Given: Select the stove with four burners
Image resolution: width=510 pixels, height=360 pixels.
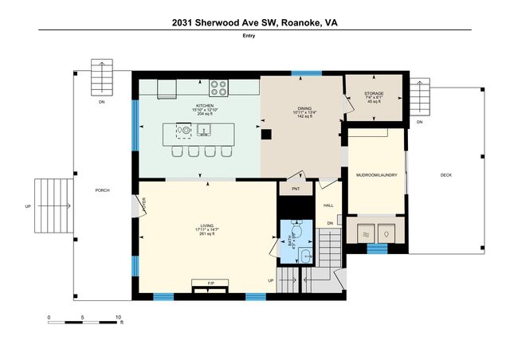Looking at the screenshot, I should (x=219, y=87).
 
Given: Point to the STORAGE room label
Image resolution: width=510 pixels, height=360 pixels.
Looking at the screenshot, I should (x=374, y=94).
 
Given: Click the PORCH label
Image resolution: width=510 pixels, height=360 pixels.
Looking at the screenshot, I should (x=102, y=190).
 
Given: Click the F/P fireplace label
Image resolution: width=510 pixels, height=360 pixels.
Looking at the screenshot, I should (x=211, y=284).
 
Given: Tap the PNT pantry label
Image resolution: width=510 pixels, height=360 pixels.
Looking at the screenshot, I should (x=296, y=190).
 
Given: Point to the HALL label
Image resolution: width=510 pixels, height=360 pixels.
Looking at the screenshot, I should (x=328, y=205).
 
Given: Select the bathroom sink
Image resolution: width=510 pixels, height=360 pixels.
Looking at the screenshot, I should (x=292, y=254).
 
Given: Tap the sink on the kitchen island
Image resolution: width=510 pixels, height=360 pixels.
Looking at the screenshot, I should (x=205, y=130).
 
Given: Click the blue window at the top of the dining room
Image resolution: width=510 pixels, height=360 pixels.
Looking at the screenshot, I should (x=301, y=74).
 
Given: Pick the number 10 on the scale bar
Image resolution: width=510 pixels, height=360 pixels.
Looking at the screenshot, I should (x=118, y=317).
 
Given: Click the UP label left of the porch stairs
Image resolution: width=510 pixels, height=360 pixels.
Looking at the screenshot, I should (x=28, y=206).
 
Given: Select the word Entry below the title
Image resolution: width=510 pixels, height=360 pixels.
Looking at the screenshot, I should (x=255, y=37).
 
